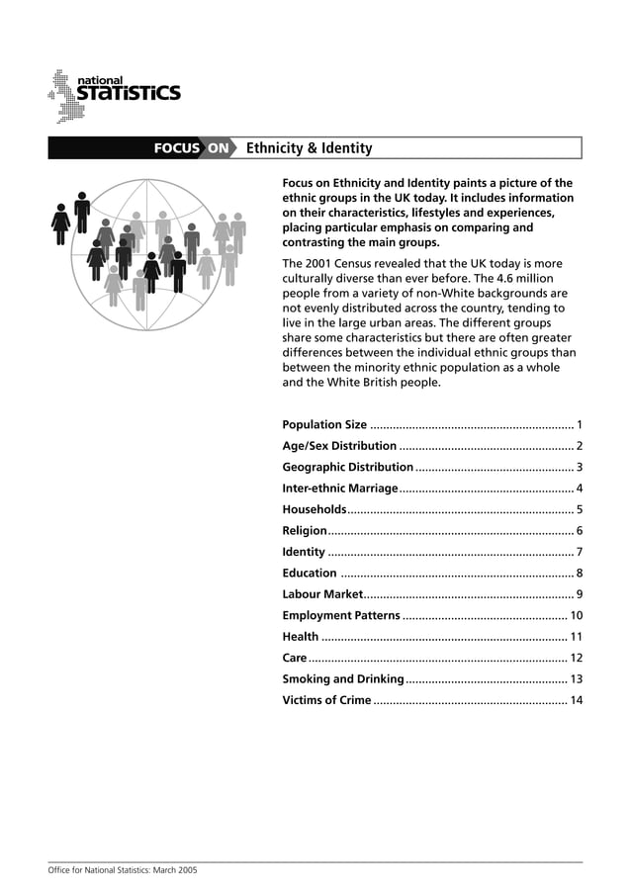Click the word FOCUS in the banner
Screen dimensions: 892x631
click(176, 148)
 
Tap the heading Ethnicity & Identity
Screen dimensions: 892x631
click(309, 148)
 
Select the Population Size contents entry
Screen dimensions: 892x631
click(324, 424)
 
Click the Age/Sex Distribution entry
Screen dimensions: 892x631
click(339, 446)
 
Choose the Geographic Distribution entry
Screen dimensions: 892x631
click(347, 467)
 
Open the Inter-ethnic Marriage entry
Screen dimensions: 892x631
click(339, 489)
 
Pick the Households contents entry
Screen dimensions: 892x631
click(314, 509)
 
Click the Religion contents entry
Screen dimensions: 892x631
click(305, 531)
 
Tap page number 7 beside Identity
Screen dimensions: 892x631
click(579, 552)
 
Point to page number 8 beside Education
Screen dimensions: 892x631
click(579, 573)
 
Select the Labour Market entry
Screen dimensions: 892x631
click(322, 594)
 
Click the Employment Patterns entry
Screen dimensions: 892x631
click(341, 616)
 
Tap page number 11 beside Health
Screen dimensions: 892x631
click(576, 637)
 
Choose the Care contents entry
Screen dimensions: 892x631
click(294, 658)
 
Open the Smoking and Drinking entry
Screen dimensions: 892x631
click(342, 679)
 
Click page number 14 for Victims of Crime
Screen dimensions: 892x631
click(576, 700)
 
